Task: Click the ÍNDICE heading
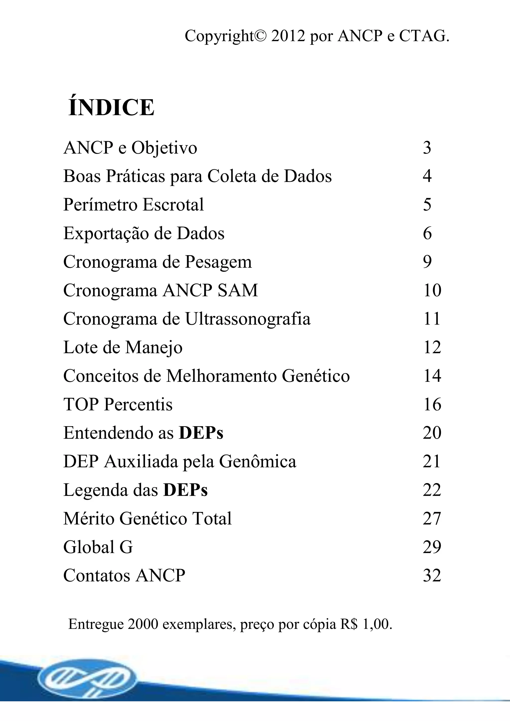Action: pyautogui.click(x=111, y=108)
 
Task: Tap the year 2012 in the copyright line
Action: pyautogui.click(x=288, y=36)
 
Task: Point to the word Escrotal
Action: pyautogui.click(x=173, y=205)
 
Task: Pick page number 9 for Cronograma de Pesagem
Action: pyautogui.click(x=427, y=262)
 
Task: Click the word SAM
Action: pyautogui.click(x=238, y=290)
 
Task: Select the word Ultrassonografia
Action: pyautogui.click(x=248, y=319)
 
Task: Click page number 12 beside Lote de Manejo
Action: pyautogui.click(x=432, y=348)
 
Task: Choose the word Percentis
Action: pyautogui.click(x=138, y=405)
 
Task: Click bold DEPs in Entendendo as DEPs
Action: pyautogui.click(x=201, y=433)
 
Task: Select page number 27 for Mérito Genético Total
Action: pyautogui.click(x=432, y=519)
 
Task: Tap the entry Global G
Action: pyautogui.click(x=98, y=547)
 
